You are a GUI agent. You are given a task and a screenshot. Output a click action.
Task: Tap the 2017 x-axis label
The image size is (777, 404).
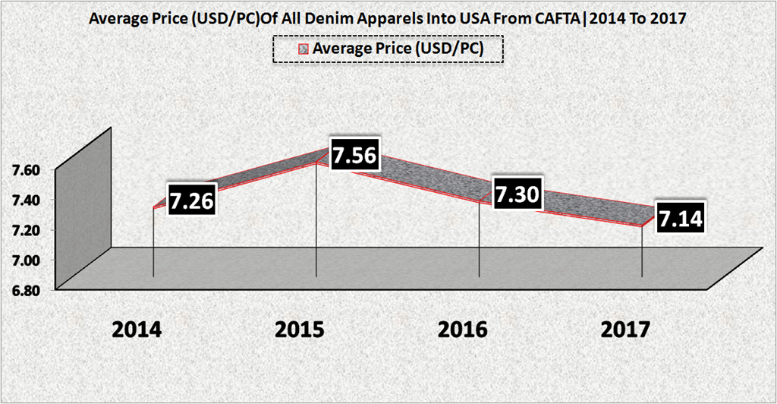pyautogui.click(x=625, y=330)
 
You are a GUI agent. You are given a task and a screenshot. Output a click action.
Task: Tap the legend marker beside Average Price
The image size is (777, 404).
pyautogui.click(x=303, y=49)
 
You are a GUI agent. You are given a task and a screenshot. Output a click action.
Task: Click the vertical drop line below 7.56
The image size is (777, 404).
pyautogui.click(x=316, y=220)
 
